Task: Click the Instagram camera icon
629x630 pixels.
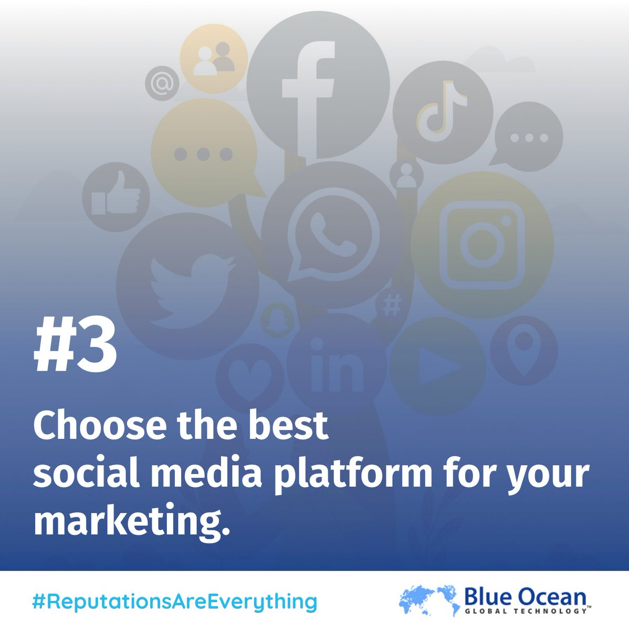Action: click(482, 245)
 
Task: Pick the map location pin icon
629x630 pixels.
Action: click(523, 346)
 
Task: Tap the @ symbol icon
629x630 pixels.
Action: click(162, 83)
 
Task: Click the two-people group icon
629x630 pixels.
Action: click(214, 58)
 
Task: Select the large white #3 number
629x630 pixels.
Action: click(75, 347)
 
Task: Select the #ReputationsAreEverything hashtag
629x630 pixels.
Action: click(174, 601)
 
